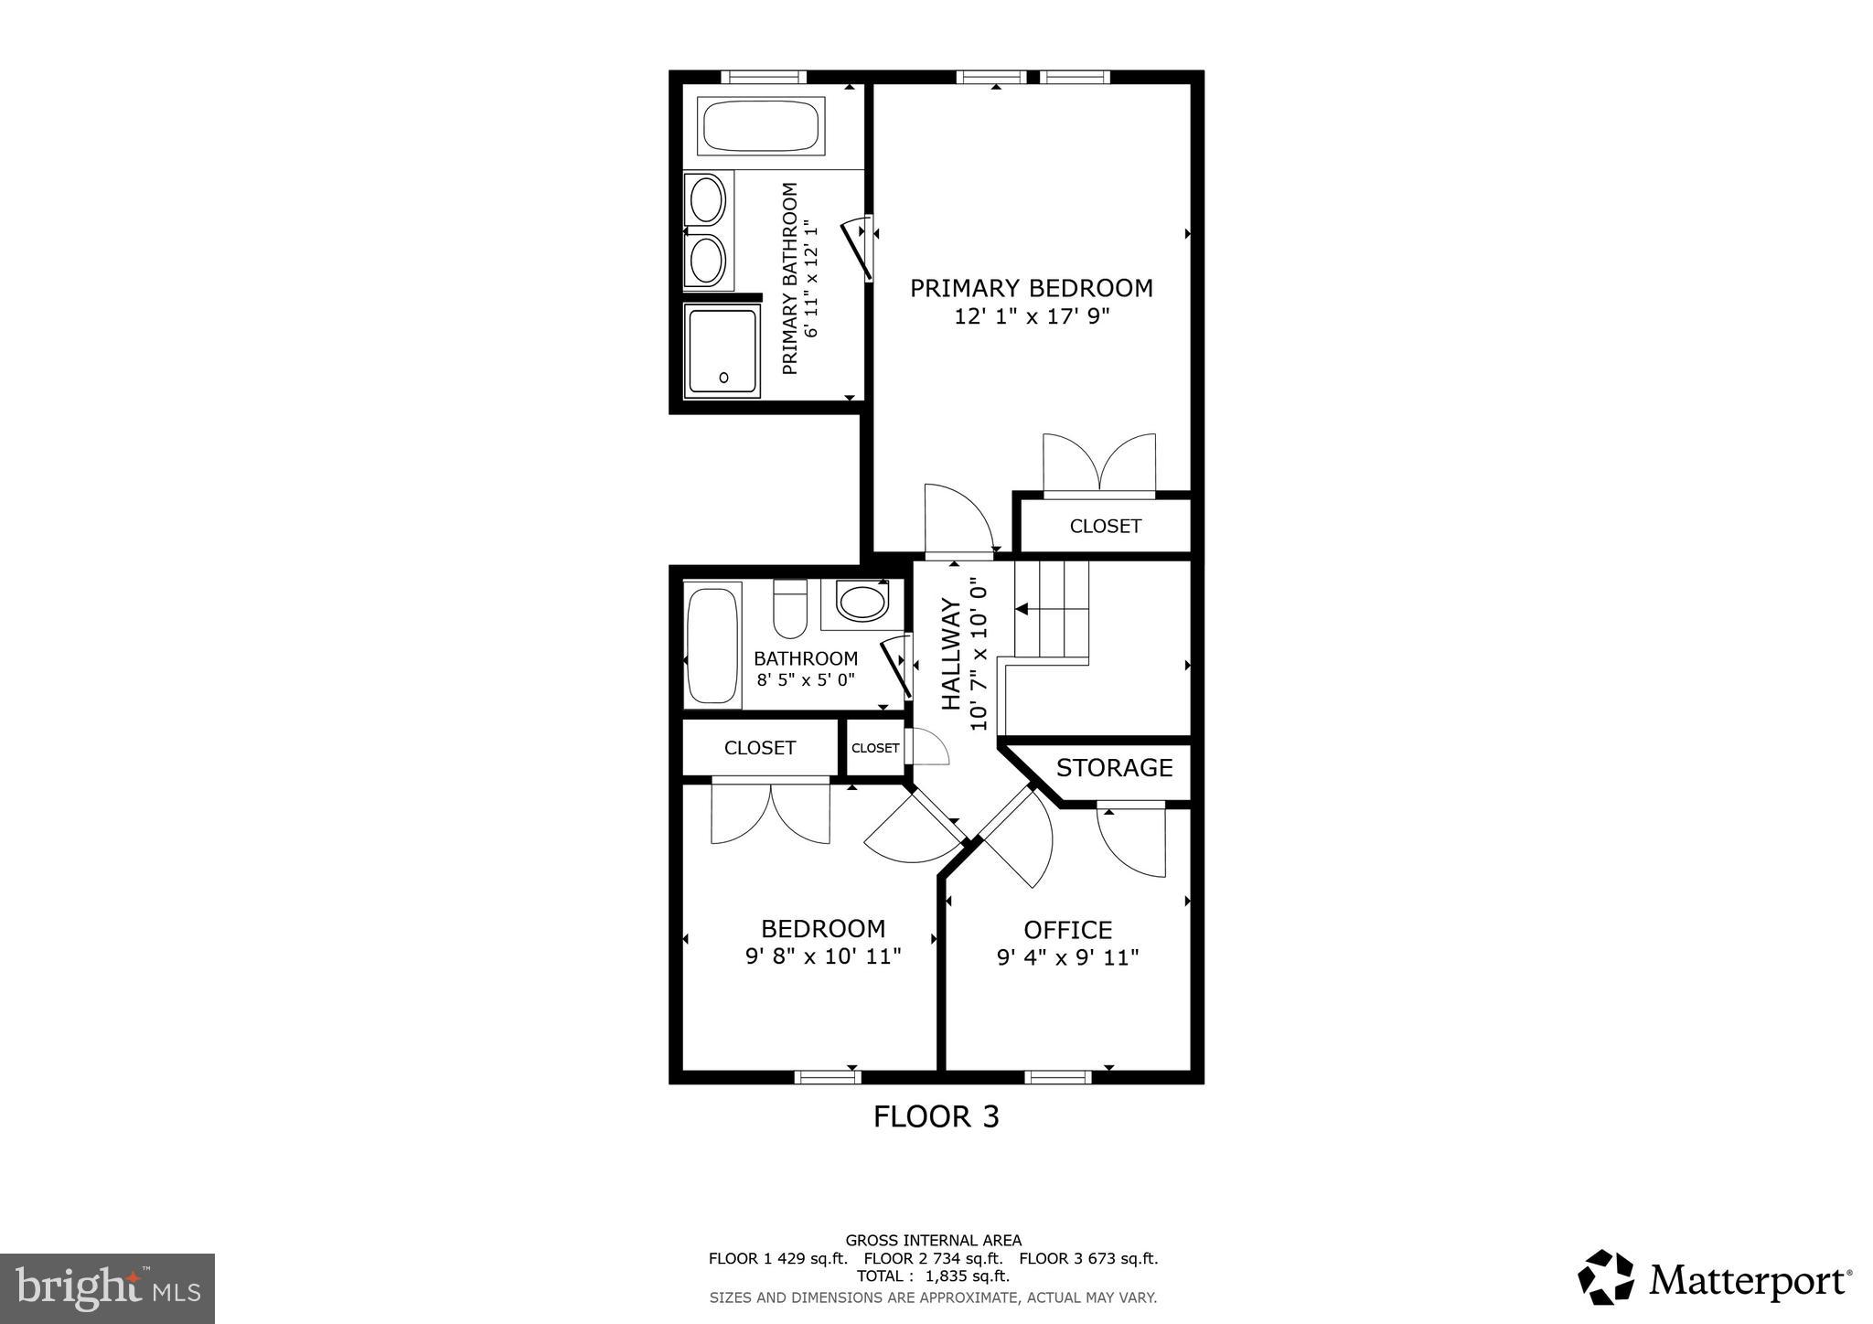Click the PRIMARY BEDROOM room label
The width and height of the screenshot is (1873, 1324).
tap(1031, 288)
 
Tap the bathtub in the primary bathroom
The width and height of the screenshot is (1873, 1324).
tap(759, 127)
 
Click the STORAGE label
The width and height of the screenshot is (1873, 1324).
tap(1114, 768)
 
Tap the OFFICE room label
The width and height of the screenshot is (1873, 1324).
tap(1067, 930)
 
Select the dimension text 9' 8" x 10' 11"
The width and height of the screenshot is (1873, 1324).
tap(823, 957)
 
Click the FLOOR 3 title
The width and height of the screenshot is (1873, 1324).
tap(936, 1116)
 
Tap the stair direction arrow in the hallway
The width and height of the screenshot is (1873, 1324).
tap(1022, 609)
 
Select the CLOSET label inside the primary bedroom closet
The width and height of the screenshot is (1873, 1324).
tap(1105, 526)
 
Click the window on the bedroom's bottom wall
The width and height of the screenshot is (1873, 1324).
tap(828, 1077)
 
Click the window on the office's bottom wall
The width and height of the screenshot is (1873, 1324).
tap(1058, 1077)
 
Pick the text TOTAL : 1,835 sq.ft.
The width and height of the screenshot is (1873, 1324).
tap(933, 1276)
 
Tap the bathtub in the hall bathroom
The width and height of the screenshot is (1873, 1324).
tap(712, 646)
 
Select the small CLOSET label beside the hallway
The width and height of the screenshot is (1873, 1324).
tap(875, 748)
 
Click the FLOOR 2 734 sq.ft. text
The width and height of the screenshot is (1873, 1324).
tap(933, 1258)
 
